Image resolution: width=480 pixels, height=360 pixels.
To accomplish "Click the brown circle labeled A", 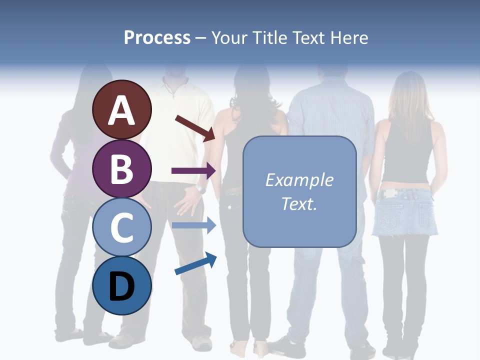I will (121, 110).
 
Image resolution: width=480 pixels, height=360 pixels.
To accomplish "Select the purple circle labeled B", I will (121, 168).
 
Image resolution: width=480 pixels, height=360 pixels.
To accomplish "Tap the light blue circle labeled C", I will (121, 227).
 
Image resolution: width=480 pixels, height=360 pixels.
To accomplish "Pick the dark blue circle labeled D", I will (121, 285).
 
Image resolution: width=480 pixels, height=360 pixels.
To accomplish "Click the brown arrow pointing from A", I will (195, 128).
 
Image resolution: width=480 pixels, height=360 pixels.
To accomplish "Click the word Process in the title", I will (157, 37).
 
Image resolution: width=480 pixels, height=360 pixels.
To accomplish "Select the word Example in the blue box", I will (299, 180).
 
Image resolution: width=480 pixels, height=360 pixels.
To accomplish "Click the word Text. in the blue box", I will (299, 203).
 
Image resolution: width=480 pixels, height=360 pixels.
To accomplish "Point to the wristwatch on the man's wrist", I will (201, 188).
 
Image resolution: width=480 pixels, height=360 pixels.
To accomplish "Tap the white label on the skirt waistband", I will (389, 193).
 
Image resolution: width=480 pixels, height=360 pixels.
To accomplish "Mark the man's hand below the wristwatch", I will (189, 202).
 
